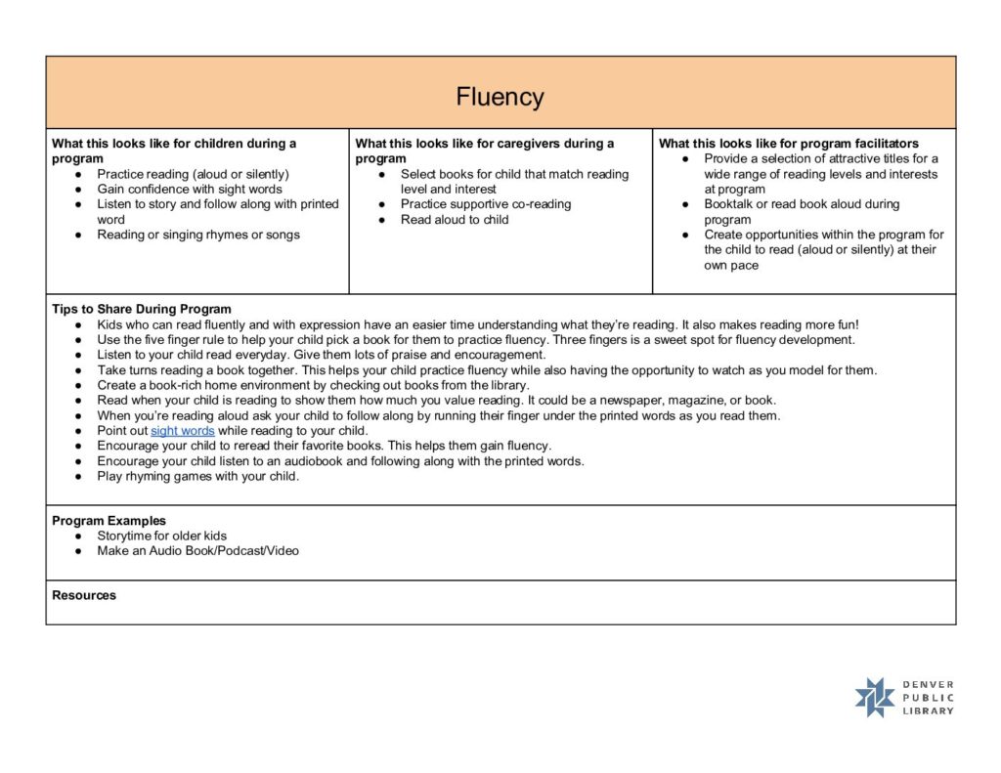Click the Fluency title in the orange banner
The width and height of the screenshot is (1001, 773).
500,98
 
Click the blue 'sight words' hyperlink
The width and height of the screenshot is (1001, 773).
183,431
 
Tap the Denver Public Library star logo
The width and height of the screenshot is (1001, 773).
875,698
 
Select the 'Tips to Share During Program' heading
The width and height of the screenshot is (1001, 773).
142,310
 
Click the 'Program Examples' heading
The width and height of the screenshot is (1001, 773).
109,521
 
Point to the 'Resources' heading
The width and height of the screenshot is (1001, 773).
84,595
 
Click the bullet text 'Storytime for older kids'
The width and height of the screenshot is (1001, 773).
162,537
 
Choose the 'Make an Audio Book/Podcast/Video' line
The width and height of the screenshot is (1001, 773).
198,551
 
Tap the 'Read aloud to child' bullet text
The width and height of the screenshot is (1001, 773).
455,220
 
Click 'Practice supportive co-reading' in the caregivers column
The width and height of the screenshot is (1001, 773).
486,204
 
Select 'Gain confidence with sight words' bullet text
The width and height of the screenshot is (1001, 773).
190,190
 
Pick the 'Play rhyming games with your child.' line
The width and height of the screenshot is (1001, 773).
198,477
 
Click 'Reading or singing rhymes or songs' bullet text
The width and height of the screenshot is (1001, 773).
198,235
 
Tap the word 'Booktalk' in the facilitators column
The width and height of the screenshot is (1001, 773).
730,204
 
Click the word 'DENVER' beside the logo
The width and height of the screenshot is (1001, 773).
929,685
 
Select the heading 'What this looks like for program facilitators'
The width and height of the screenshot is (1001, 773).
789,144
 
